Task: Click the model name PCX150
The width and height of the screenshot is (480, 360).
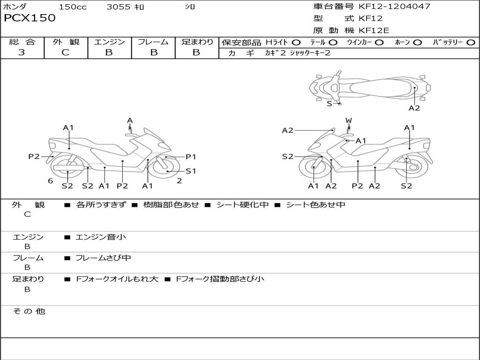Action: click(x=30, y=18)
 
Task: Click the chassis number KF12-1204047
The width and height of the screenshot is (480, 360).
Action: click(x=394, y=6)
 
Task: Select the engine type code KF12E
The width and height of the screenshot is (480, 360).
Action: click(x=374, y=30)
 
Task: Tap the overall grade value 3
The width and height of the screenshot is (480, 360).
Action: click(x=22, y=52)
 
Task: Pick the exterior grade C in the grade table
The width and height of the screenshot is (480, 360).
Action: click(x=65, y=52)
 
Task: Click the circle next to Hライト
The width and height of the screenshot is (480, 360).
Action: click(x=296, y=43)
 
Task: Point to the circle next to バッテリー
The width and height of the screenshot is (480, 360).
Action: click(x=471, y=43)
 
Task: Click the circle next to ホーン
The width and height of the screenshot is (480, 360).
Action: click(x=417, y=43)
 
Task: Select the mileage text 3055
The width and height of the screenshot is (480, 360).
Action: click(x=118, y=7)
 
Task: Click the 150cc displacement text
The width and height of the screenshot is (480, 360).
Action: click(x=73, y=7)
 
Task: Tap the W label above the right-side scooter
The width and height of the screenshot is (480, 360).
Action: click(x=348, y=120)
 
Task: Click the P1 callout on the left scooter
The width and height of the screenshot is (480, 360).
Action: click(x=191, y=157)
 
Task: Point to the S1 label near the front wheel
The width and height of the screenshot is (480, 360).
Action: click(x=191, y=171)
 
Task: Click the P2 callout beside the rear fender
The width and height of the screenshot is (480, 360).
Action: click(x=34, y=157)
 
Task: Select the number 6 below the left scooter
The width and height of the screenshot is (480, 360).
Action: click(x=51, y=180)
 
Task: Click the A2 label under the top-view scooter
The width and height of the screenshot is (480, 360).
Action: click(x=414, y=108)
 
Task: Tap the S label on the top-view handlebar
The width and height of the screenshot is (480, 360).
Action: click(x=330, y=104)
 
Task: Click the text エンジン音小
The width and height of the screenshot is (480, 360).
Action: click(x=101, y=237)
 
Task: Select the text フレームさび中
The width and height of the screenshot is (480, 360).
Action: click(x=103, y=258)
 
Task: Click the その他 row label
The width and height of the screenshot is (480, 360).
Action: click(x=29, y=311)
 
